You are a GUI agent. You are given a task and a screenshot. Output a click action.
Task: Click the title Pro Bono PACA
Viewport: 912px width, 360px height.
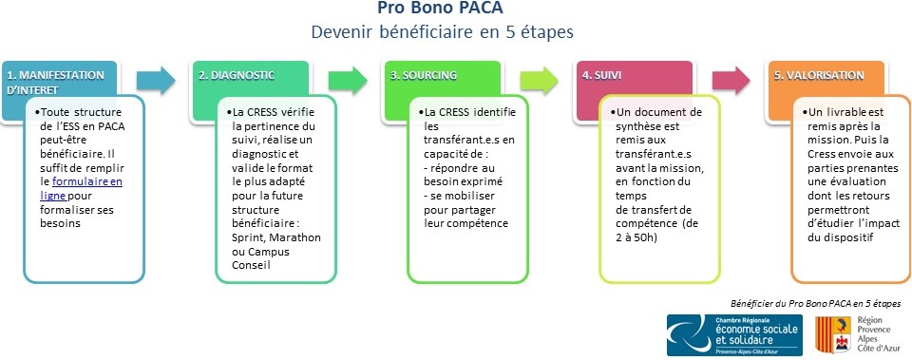tap(440, 9)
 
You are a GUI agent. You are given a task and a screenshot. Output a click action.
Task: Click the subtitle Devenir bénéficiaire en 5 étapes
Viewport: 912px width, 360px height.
tap(442, 31)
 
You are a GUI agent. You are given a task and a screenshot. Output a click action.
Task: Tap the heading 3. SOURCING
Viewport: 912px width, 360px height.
tap(423, 76)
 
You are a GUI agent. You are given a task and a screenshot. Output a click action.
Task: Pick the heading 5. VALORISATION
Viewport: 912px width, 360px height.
tap(819, 76)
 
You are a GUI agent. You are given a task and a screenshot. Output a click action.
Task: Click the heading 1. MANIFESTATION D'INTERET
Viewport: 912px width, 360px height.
tap(55, 82)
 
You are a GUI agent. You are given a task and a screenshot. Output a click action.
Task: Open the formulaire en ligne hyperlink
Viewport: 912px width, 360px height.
tap(82, 188)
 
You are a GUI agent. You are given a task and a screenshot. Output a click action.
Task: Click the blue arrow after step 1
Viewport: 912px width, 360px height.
tap(156, 80)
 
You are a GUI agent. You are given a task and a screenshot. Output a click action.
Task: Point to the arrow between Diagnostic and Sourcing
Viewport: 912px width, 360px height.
tap(348, 80)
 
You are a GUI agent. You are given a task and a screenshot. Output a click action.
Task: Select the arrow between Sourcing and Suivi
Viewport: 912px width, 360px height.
tap(540, 80)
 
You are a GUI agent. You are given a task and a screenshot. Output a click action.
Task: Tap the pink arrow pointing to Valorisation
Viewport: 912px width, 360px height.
tap(731, 80)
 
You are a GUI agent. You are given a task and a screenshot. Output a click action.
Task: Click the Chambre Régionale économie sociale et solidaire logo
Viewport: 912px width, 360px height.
tap(734, 335)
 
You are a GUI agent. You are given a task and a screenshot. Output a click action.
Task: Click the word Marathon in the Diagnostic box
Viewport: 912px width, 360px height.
tap(296, 237)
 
